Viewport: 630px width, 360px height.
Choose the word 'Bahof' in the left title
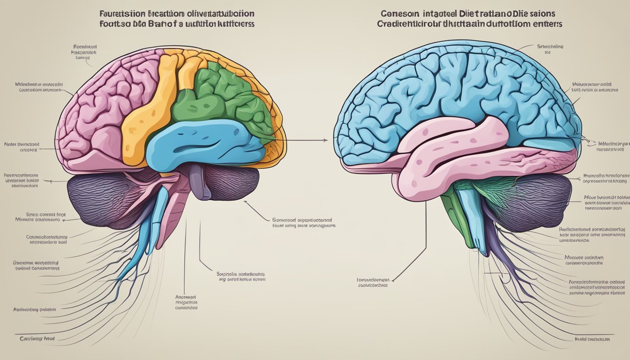pyautogui.click(x=161, y=23)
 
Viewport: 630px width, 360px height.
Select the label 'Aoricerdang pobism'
pyautogui.click(x=35, y=309)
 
